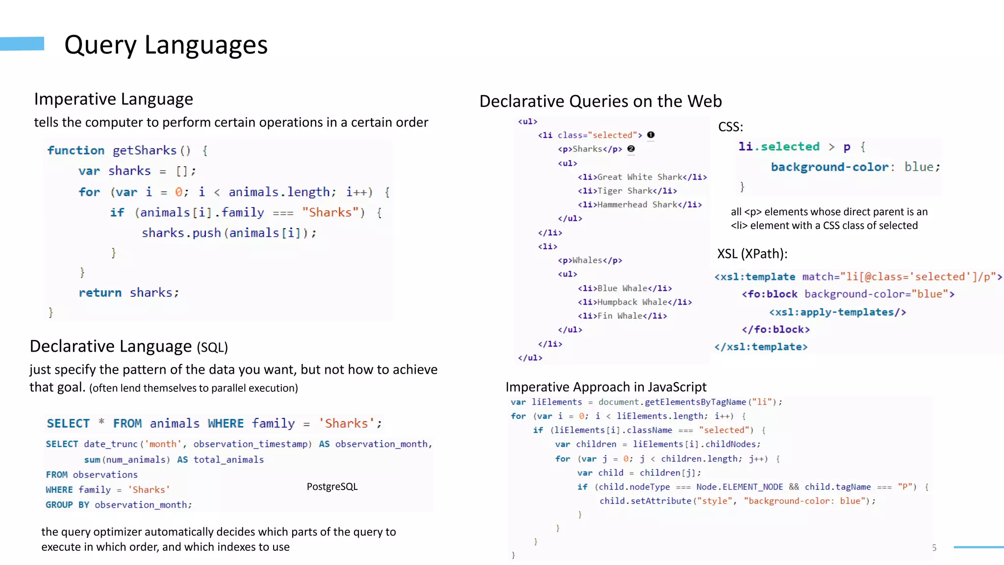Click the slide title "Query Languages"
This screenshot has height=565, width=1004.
pyautogui.click(x=166, y=45)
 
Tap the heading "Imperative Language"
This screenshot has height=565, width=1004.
pyautogui.click(x=113, y=99)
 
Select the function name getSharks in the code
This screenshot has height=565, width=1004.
pyautogui.click(x=144, y=151)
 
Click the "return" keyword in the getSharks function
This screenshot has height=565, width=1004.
pyautogui.click(x=100, y=293)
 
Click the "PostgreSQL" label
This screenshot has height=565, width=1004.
pyautogui.click(x=332, y=487)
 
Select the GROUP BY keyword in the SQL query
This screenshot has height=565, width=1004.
pyautogui.click(x=67, y=505)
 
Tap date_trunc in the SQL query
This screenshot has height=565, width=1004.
pyautogui.click(x=110, y=444)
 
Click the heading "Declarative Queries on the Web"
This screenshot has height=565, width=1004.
pyautogui.click(x=600, y=101)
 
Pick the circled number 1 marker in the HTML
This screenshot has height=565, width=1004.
pyautogui.click(x=651, y=135)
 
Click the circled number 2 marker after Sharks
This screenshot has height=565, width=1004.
pyautogui.click(x=631, y=149)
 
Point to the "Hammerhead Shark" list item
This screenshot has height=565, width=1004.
pyautogui.click(x=640, y=205)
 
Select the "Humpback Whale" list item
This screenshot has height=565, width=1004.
pyautogui.click(x=634, y=302)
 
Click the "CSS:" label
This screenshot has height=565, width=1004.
pyautogui.click(x=730, y=127)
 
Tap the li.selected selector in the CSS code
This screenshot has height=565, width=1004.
pyautogui.click(x=778, y=147)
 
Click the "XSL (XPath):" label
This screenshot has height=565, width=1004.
pyautogui.click(x=752, y=254)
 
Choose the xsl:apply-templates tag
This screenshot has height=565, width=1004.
pyautogui.click(x=837, y=312)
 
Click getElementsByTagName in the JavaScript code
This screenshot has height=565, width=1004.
pyautogui.click(x=695, y=402)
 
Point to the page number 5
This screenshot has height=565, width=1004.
pyautogui.click(x=934, y=548)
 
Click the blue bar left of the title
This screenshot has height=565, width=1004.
pyautogui.click(x=22, y=44)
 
